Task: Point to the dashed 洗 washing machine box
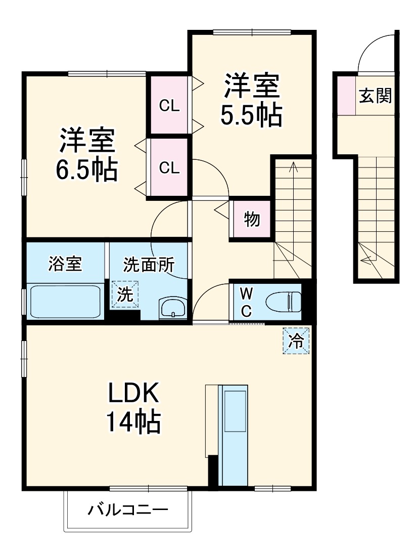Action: pos(125,293)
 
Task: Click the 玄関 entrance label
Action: pos(376,96)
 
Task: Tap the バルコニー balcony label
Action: pos(128,509)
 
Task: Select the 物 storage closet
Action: pos(251,219)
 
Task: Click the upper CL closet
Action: pos(169,105)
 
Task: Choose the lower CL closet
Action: pos(169,167)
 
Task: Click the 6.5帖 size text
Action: pos(86,171)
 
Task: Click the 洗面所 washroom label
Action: pos(149,265)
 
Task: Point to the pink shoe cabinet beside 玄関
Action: pos(347,95)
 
